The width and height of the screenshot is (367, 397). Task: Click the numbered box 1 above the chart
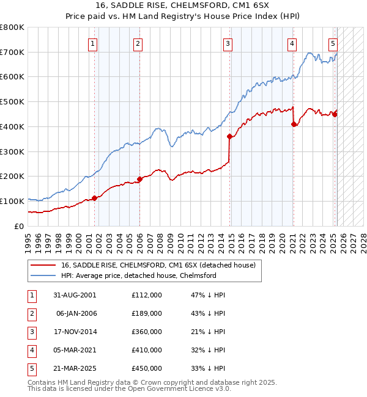[92, 43]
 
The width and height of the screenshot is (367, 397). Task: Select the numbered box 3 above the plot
[228, 43]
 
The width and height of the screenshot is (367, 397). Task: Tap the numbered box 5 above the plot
[333, 43]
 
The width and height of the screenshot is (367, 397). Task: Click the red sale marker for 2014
[230, 137]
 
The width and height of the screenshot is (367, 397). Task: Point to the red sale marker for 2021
[294, 124]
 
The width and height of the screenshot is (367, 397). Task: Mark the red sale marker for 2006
[139, 179]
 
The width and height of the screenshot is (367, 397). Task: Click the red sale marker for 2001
[95, 198]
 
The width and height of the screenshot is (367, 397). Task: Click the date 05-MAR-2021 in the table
[75, 350]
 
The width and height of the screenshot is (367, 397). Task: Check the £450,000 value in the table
[146, 368]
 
